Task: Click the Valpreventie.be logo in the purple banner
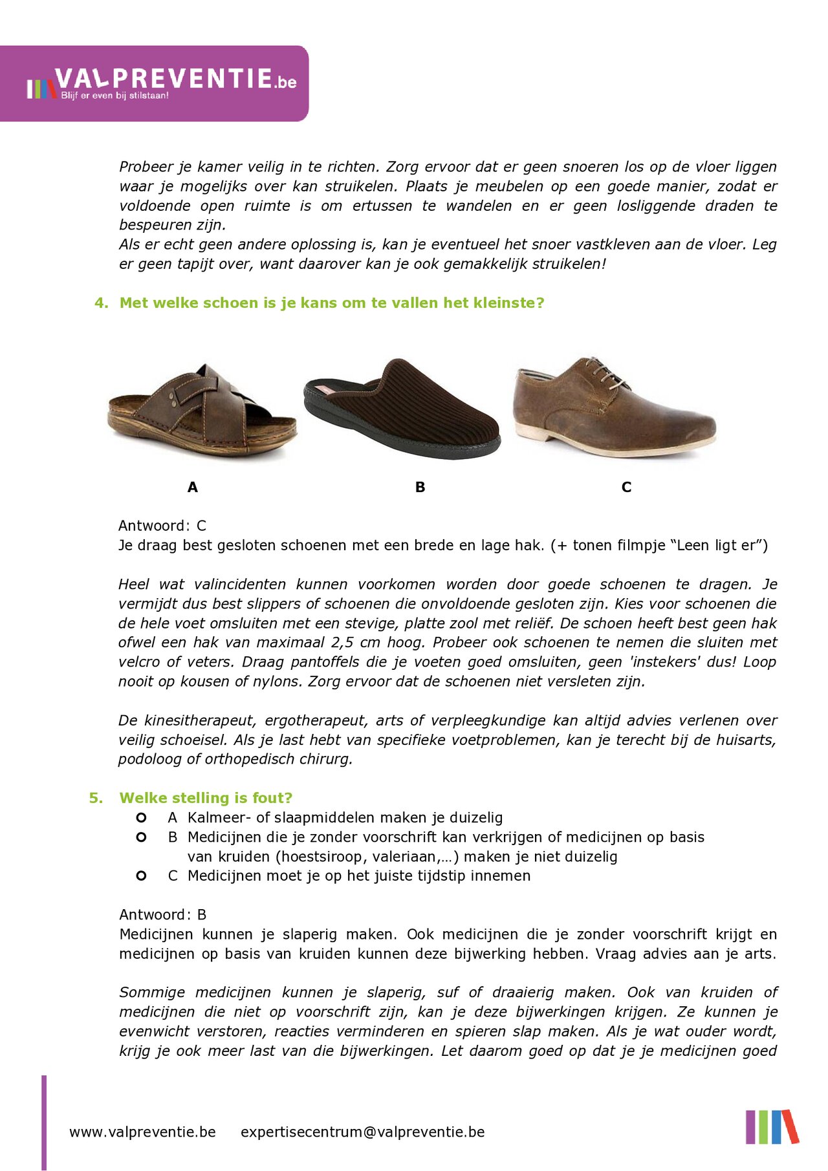162,83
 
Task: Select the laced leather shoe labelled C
614,408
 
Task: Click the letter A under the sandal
192,488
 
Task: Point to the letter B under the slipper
420,488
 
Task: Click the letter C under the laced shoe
626,488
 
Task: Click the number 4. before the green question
101,303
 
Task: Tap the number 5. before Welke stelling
96,798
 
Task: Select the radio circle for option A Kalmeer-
141,818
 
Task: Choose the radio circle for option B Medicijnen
141,837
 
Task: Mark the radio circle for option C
141,876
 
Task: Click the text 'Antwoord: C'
162,526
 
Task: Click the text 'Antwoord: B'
162,915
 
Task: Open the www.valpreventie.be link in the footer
142,1132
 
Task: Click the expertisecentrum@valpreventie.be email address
362,1132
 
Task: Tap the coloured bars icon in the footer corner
772,1127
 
